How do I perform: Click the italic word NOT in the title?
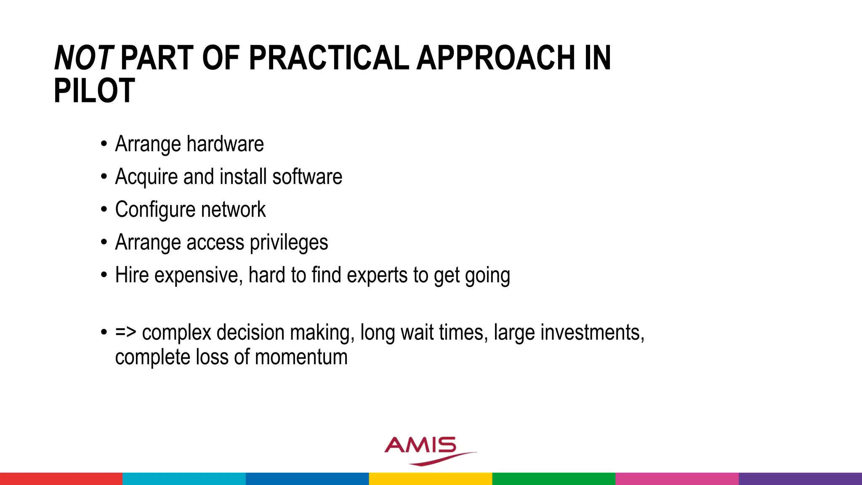point(83,58)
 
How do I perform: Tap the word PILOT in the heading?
point(94,91)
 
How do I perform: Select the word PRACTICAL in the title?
point(329,58)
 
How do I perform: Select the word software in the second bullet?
point(307,177)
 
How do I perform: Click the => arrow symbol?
point(125,332)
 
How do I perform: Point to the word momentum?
point(301,357)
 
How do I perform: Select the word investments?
point(592,333)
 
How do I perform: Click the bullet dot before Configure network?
point(104,210)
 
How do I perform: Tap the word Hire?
point(132,275)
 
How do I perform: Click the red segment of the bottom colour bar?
point(61,479)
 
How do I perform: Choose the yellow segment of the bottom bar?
point(430,479)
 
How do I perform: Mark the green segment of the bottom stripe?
point(553,479)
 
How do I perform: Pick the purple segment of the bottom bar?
point(800,479)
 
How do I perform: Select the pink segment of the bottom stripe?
point(677,479)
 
